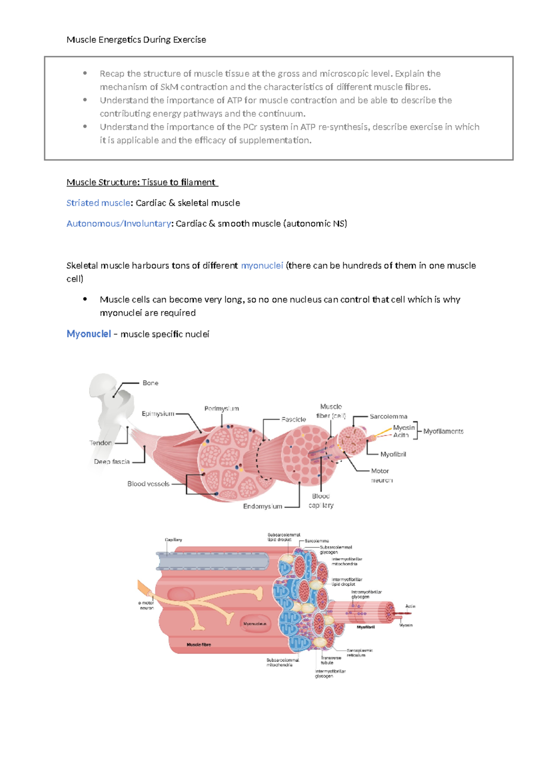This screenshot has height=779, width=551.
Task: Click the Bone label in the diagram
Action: coord(150,383)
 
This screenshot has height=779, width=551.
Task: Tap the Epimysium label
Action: coord(158,414)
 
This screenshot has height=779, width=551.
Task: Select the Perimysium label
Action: coord(221,408)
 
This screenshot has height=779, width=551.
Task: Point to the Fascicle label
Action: coord(293,419)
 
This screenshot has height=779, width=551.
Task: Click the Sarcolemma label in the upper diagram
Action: coord(388,417)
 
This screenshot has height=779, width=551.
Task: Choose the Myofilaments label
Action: coord(443,431)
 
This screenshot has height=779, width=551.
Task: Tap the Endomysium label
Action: coord(262,506)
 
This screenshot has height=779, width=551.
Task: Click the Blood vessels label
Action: coord(148,484)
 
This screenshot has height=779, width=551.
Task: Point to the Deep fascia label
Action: coord(112,462)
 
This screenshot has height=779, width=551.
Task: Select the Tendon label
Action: coord(101,443)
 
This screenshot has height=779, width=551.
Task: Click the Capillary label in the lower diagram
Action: coord(174,540)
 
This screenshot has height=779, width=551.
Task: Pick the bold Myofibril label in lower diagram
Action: coord(366,627)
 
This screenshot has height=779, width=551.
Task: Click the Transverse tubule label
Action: coord(331,660)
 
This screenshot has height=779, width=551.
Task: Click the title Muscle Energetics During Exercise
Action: coord(136,40)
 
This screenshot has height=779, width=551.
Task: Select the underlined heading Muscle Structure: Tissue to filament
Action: coord(141,182)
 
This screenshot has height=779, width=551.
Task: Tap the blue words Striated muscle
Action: coord(98,203)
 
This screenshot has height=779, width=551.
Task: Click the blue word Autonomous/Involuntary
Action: coord(118,224)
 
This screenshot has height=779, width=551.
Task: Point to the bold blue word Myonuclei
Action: coord(89,334)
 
